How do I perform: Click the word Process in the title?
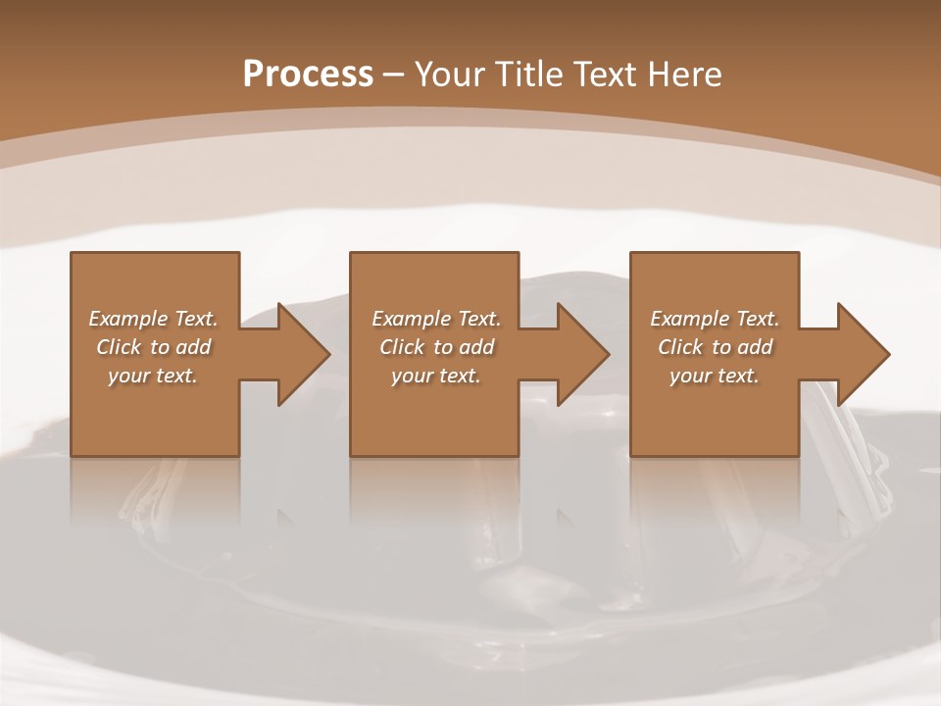308,75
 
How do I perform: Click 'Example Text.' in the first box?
153,319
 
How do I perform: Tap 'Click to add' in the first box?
153,347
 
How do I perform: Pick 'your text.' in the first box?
153,376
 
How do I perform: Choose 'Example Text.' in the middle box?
435,319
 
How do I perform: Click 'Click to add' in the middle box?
435,347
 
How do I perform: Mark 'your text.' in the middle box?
435,376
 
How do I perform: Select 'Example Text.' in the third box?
715,319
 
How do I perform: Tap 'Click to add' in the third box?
715,347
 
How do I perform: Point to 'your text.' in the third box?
715,376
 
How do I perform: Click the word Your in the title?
448,75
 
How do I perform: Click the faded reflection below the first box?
155,490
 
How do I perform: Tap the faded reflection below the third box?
715,490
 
